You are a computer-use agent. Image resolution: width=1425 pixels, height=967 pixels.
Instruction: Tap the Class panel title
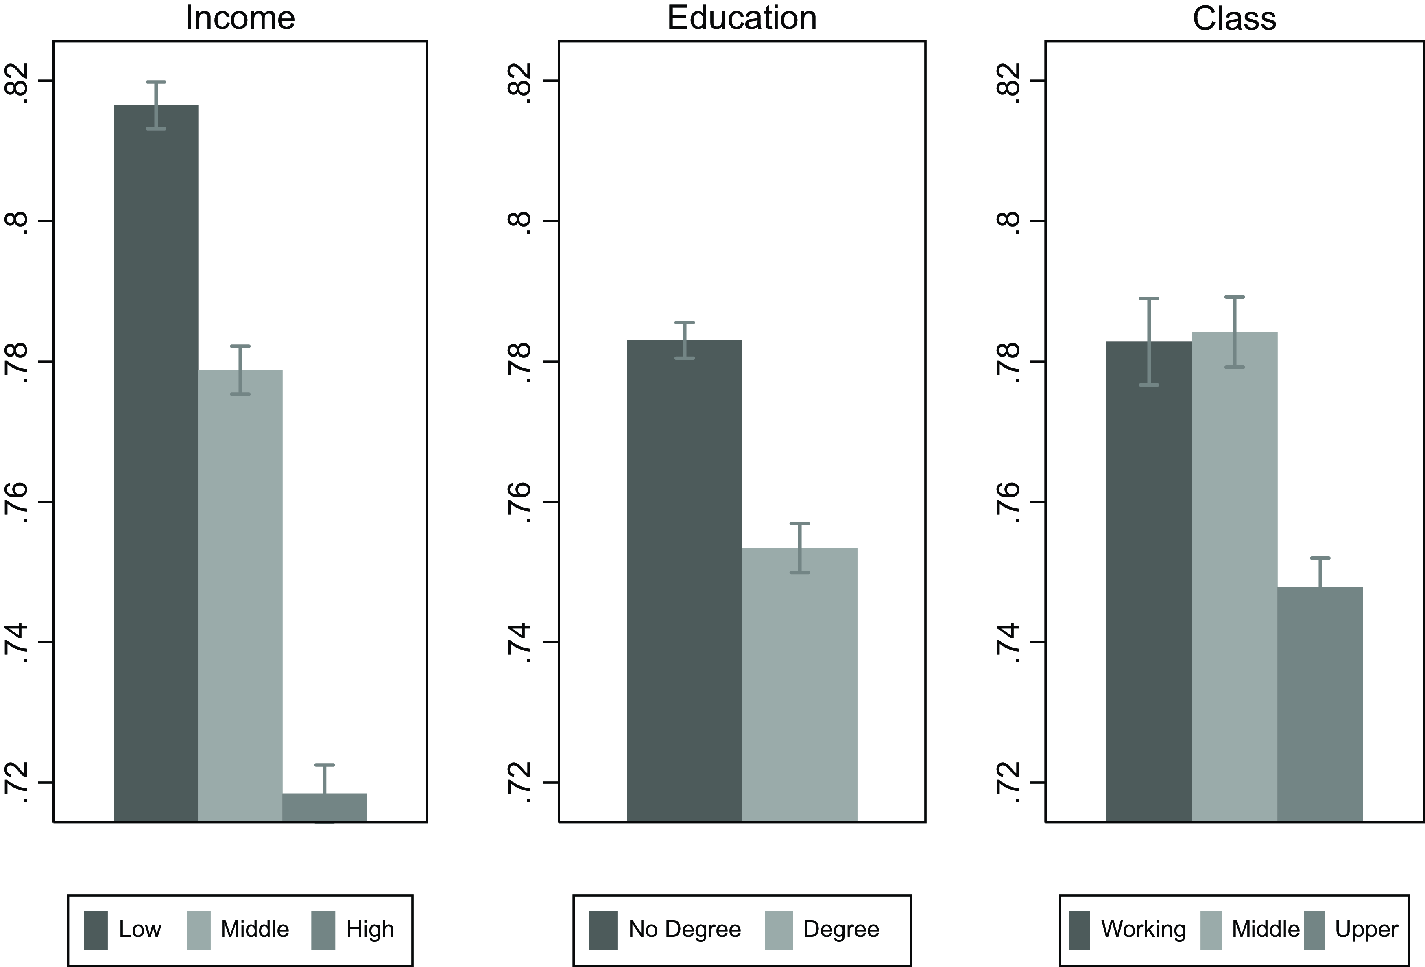click(1234, 18)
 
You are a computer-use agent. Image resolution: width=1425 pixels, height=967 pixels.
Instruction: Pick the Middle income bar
click(240, 595)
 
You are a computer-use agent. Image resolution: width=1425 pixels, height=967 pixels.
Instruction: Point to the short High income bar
click(324, 807)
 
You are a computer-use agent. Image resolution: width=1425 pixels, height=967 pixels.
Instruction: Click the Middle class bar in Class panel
click(1234, 577)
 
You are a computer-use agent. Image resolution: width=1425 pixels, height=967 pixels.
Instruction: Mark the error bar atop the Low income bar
click(156, 105)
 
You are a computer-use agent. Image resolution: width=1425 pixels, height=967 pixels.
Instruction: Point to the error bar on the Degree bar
click(800, 547)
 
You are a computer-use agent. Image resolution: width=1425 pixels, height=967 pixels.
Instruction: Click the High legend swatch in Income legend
click(323, 930)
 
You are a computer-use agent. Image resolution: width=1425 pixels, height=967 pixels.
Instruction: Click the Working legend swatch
click(1079, 930)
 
